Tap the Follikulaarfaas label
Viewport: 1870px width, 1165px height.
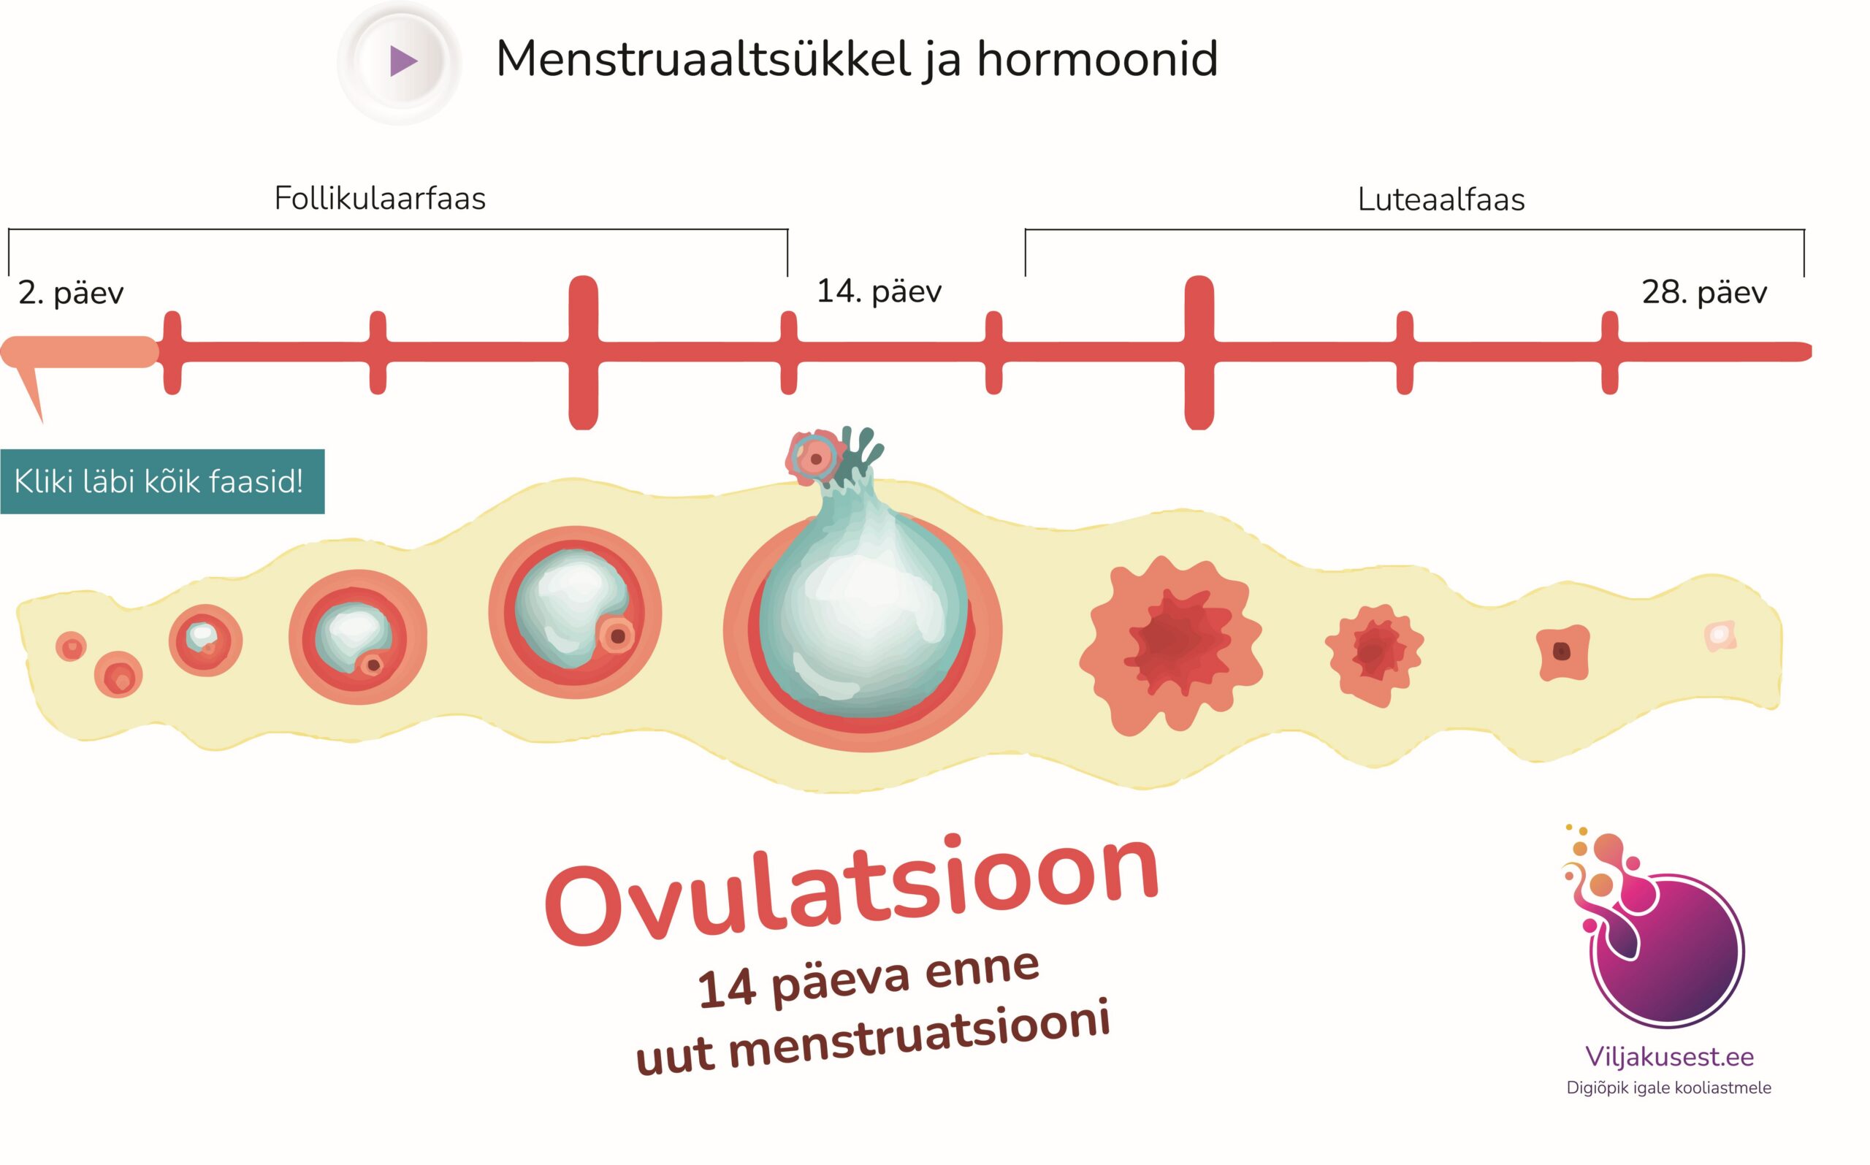pos(380,199)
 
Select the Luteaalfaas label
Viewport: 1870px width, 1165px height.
pos(1440,199)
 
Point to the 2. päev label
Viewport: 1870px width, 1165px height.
pos(71,294)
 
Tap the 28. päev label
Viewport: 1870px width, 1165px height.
pos(1704,292)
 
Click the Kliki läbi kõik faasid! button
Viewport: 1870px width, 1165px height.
pos(162,481)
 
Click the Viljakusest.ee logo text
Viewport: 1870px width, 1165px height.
pos(1669,1057)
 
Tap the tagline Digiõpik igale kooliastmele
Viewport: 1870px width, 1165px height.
pos(1669,1088)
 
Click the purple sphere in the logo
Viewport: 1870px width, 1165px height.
pos(1672,955)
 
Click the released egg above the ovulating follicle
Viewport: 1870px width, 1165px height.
pos(814,459)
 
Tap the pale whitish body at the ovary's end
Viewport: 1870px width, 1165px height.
pos(1720,635)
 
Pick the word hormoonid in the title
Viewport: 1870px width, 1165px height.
pos(1097,59)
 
